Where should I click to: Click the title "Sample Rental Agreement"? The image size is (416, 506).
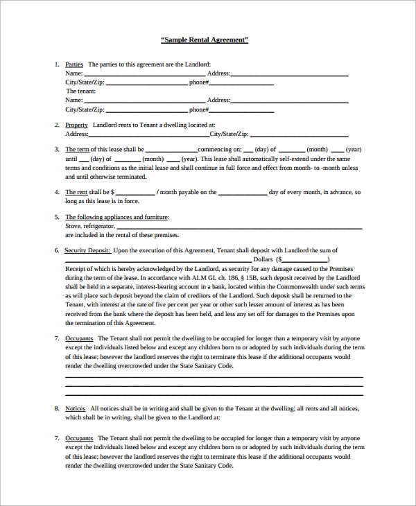(x=205, y=40)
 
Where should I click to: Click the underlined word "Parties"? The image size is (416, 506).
(x=74, y=64)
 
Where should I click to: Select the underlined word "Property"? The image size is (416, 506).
(x=76, y=125)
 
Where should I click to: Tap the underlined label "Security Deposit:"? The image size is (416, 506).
(x=87, y=251)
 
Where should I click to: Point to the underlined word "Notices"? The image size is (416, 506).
(x=76, y=409)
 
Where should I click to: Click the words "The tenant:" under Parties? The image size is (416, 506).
(x=80, y=91)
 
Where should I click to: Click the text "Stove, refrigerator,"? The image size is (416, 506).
(x=90, y=226)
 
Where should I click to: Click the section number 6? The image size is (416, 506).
(x=56, y=251)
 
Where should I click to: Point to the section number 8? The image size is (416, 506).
(x=56, y=409)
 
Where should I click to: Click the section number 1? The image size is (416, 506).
(x=56, y=64)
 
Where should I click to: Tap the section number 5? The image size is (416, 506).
(x=56, y=217)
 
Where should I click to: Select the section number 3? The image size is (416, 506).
(x=56, y=150)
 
